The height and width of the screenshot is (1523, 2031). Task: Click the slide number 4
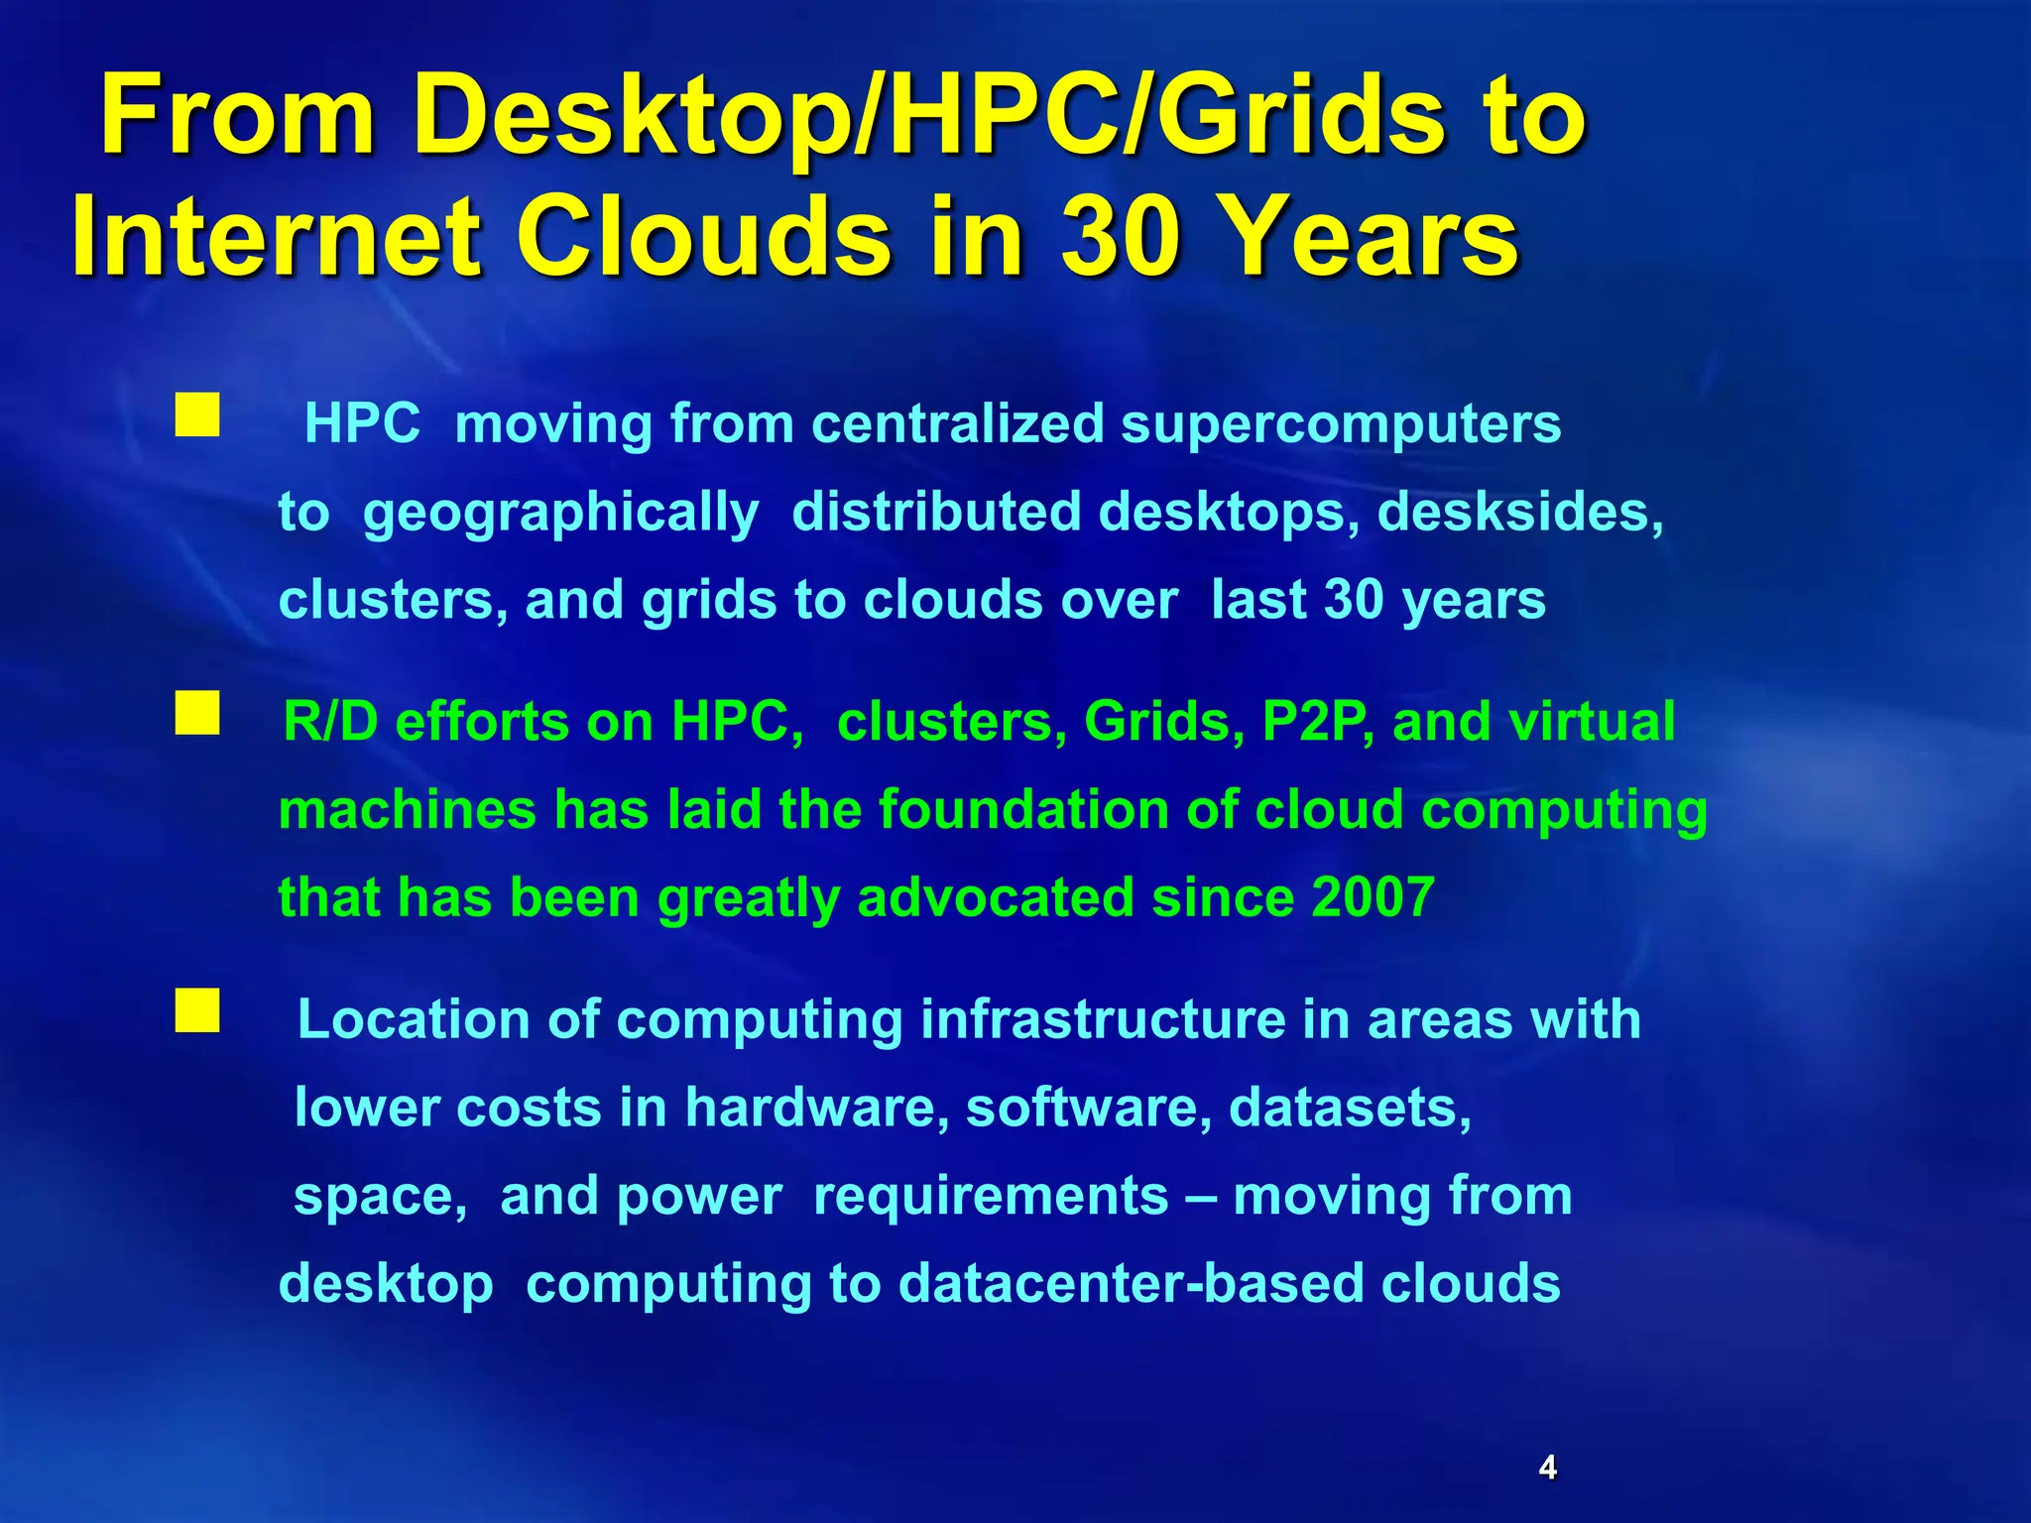[x=1547, y=1466]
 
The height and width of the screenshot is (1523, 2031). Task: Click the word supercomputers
[x=1341, y=424]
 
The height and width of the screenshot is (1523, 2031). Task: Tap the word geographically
[x=560, y=514]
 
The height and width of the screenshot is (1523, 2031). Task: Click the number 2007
[x=1373, y=897]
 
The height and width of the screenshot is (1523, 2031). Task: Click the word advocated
[x=996, y=897]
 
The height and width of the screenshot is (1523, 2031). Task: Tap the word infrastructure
[x=1103, y=1019]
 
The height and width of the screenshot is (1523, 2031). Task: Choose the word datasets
[x=1350, y=1108]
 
